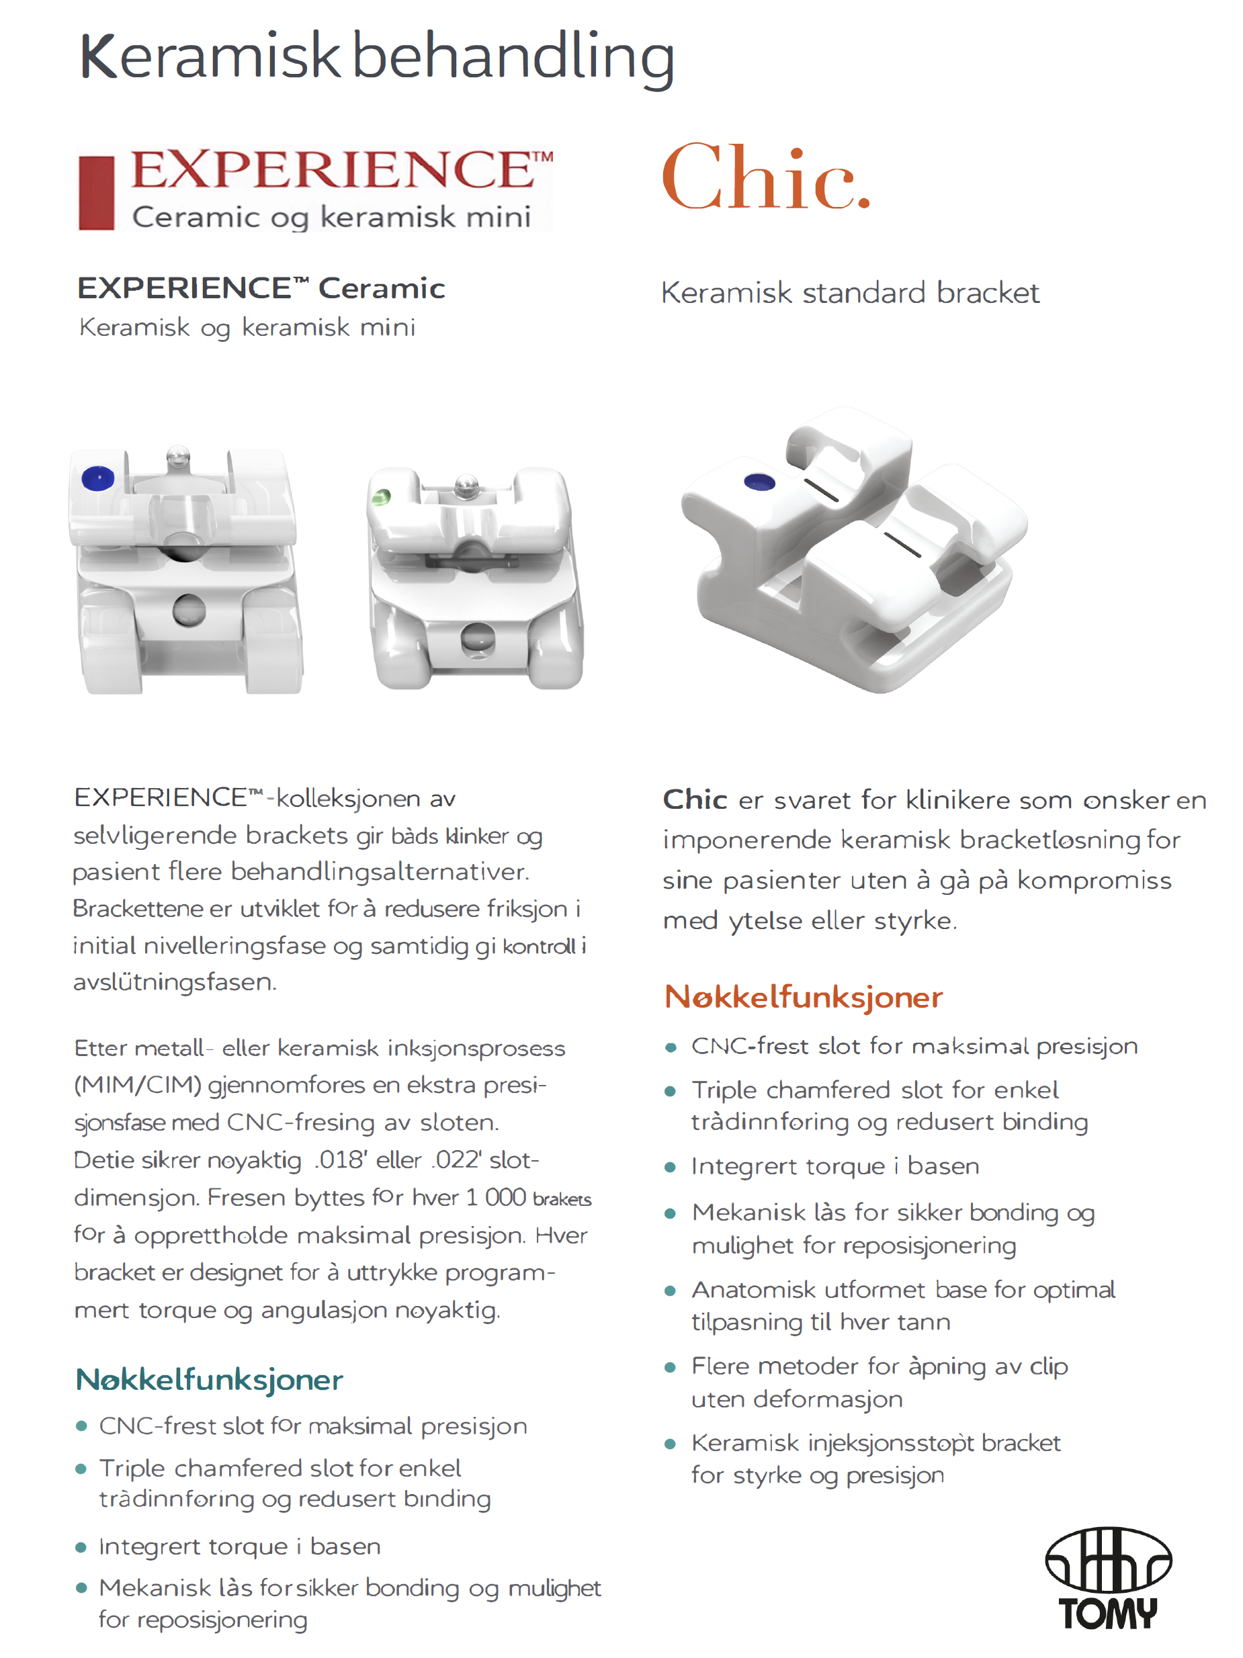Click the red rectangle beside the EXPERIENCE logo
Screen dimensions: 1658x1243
click(96, 193)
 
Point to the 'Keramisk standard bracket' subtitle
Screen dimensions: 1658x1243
click(849, 293)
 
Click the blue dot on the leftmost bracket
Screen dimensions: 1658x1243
click(97, 478)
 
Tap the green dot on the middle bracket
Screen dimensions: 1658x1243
click(382, 496)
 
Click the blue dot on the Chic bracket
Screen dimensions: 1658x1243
click(759, 482)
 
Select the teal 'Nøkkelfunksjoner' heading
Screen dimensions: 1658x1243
click(209, 1380)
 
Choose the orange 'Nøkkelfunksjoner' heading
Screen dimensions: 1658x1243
click(803, 998)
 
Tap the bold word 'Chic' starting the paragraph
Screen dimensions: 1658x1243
click(695, 799)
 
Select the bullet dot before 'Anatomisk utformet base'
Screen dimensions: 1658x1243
click(671, 1291)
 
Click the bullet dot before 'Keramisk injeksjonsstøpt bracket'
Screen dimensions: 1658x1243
click(671, 1444)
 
